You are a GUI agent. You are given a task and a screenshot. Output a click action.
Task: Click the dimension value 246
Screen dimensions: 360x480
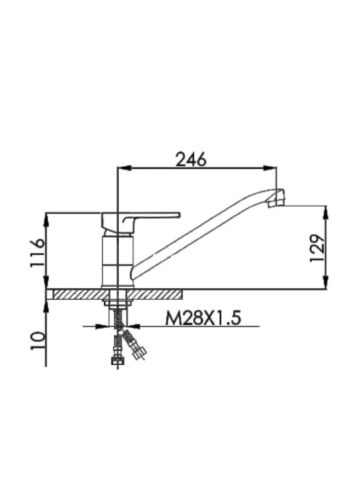tap(191, 160)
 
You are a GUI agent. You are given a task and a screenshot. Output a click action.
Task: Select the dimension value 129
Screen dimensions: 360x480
tap(317, 248)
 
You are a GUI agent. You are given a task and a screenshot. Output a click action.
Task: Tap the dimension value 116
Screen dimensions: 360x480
tap(38, 253)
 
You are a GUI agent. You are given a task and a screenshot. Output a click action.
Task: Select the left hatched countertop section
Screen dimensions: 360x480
tap(81, 295)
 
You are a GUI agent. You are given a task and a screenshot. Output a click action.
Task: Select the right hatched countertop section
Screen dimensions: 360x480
tap(154, 295)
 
